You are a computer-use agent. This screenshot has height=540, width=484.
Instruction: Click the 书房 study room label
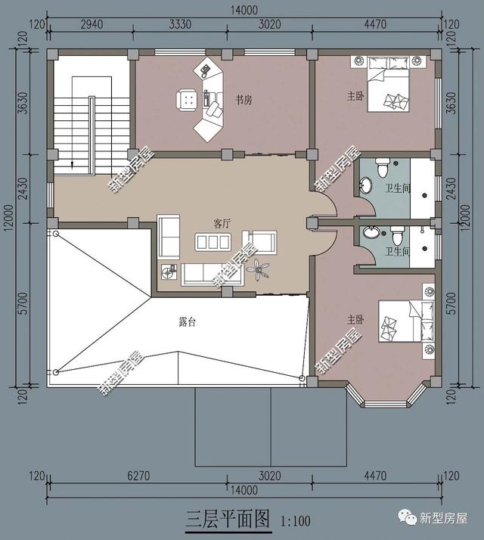pyautogui.click(x=244, y=101)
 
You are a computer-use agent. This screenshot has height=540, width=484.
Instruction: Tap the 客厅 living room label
pyautogui.click(x=222, y=224)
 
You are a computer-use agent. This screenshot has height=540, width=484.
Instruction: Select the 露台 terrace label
pyautogui.click(x=188, y=322)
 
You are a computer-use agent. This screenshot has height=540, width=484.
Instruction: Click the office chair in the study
pyautogui.click(x=187, y=100)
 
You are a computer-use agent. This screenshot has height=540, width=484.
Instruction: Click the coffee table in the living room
pyautogui.click(x=213, y=242)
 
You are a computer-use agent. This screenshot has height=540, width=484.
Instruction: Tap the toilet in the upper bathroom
pyautogui.click(x=382, y=168)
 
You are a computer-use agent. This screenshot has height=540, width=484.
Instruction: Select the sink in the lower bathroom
pyautogui.click(x=369, y=232)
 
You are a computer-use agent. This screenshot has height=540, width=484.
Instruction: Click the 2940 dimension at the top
pyautogui.click(x=92, y=24)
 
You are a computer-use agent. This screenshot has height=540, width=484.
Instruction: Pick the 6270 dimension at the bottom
pyautogui.click(x=138, y=476)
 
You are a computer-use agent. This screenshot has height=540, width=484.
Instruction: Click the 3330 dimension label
pyautogui.click(x=180, y=24)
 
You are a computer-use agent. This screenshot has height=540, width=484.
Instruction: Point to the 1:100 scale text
pyautogui.click(x=296, y=520)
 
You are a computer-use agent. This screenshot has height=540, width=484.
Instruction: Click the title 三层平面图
pyautogui.click(x=228, y=519)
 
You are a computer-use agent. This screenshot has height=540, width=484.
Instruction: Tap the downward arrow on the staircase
pyautogui.click(x=72, y=165)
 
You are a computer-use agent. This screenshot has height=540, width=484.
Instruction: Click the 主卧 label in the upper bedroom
pyautogui.click(x=355, y=96)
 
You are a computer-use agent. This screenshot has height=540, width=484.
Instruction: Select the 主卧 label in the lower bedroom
pyautogui.click(x=355, y=320)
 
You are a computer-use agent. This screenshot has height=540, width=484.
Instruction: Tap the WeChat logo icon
pyautogui.click(x=408, y=517)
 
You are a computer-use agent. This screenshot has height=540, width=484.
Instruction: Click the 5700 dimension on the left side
pyautogui.click(x=23, y=303)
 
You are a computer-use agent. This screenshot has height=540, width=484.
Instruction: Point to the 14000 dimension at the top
pyautogui.click(x=244, y=10)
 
